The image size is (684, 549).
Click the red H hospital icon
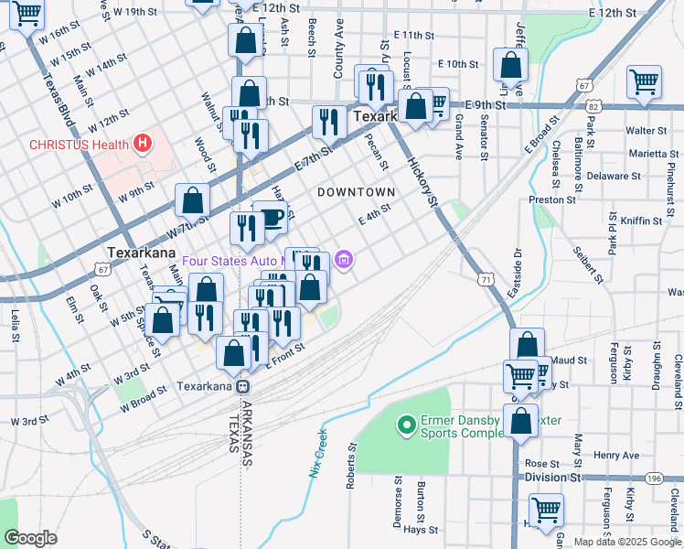(x=142, y=144)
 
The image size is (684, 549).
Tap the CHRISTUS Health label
(x=77, y=144)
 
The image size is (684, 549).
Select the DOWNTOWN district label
(x=356, y=192)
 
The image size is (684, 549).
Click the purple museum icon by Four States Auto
(x=343, y=261)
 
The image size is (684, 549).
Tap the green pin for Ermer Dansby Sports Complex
(x=405, y=425)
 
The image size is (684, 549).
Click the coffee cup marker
(x=271, y=217)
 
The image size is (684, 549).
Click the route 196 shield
(x=653, y=478)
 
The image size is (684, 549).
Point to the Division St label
(x=552, y=478)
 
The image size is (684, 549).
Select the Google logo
(x=30, y=538)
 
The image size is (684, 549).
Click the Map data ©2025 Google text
(x=627, y=542)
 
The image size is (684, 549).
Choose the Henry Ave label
(x=615, y=455)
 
